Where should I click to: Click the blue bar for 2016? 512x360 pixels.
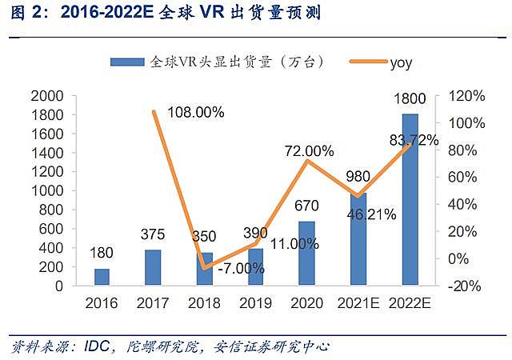click(x=101, y=276)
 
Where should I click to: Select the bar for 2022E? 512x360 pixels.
click(x=410, y=199)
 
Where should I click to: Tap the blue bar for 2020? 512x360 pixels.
click(x=306, y=253)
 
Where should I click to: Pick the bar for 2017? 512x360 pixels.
click(x=152, y=267)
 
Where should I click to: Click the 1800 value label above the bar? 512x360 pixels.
click(x=410, y=102)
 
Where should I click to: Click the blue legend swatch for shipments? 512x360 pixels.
click(x=128, y=62)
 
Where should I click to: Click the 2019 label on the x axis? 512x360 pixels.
click(x=255, y=304)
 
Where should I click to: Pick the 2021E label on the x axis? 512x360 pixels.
click(x=358, y=304)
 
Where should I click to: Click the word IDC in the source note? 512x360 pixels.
click(x=83, y=347)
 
